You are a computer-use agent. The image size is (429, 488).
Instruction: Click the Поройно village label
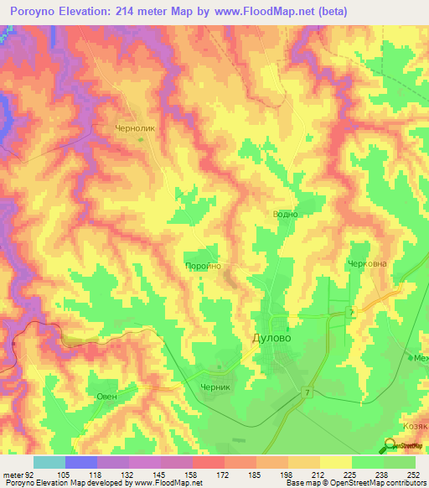point(201,265)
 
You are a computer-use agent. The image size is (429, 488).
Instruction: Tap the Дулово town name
point(274,339)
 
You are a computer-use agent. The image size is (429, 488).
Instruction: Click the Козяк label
point(415,426)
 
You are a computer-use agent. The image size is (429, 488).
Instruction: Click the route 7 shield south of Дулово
point(308,392)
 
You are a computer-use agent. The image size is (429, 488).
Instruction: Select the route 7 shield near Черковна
point(353,311)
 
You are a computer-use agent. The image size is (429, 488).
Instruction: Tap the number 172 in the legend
point(224,474)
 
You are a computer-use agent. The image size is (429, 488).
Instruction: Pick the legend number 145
point(160,474)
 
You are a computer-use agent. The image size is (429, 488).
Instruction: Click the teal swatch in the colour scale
point(49,462)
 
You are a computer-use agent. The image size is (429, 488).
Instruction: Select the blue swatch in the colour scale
point(80,462)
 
